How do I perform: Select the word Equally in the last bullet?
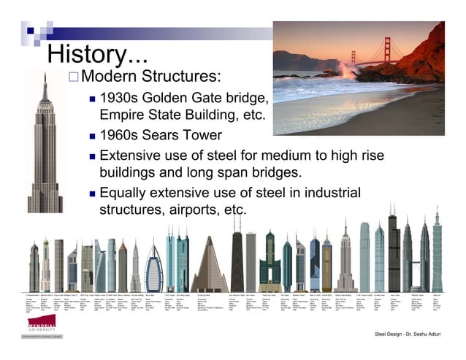126,194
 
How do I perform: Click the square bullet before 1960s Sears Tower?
92,137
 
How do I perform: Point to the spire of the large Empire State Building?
45,77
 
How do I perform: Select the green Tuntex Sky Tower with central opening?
269,269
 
